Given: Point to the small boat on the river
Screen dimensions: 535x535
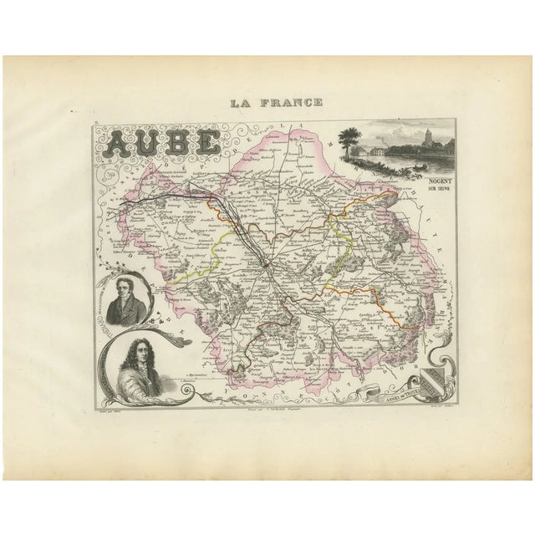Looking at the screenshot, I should click(411, 166).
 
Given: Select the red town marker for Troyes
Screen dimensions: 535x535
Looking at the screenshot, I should click(264, 265).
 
